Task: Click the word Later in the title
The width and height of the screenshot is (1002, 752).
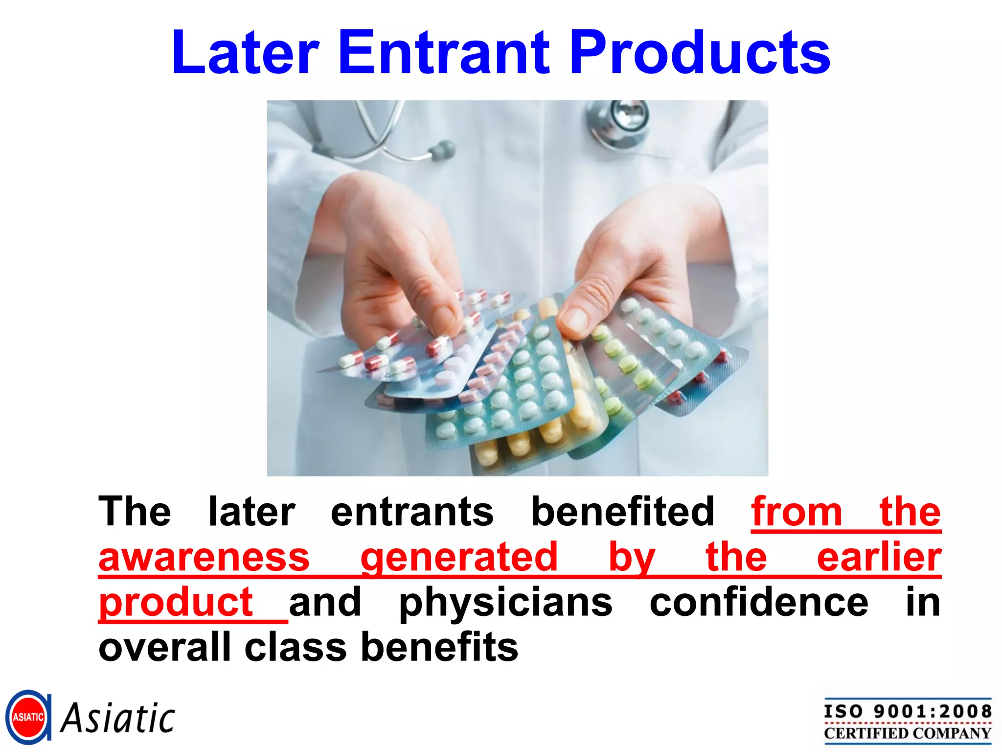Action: [246, 52]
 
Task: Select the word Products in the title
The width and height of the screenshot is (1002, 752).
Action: [700, 52]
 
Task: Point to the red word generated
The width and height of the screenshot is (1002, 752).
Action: [459, 558]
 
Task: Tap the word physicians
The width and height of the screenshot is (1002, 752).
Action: [505, 603]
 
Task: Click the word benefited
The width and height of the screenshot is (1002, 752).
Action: [623, 512]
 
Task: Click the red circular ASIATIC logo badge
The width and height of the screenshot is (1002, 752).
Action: [28, 717]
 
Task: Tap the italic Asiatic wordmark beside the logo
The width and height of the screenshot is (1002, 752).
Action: [118, 718]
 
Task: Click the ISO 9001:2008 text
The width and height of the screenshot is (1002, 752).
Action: [908, 711]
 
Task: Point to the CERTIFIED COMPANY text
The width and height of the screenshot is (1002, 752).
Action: [908, 733]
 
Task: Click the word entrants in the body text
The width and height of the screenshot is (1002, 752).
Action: [412, 512]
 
